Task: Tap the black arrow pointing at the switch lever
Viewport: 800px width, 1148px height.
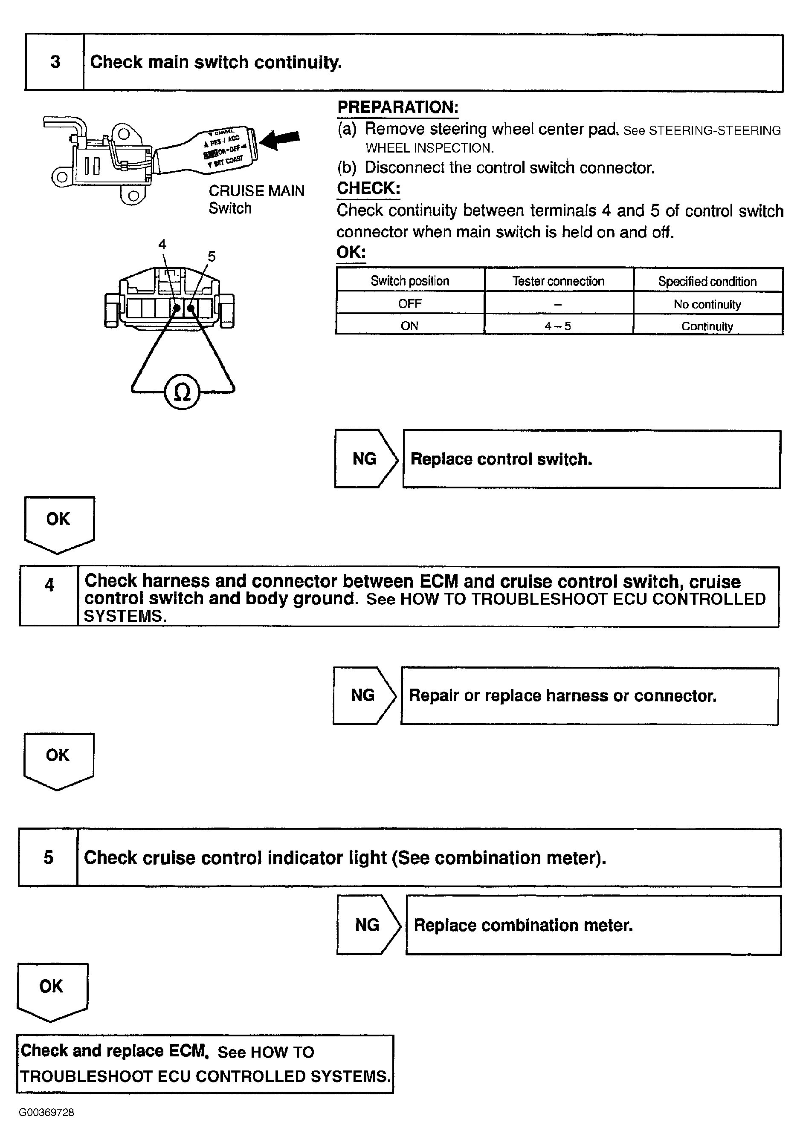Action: [x=280, y=139]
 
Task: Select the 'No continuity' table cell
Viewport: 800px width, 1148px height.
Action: [x=707, y=304]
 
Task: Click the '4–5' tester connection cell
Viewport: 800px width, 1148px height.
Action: [x=558, y=326]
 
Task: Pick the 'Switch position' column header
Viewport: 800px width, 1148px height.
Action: [x=410, y=281]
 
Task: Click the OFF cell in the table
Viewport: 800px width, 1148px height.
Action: [x=410, y=303]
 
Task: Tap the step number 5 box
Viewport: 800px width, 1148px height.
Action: [x=49, y=857]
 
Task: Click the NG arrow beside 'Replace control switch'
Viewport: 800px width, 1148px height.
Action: [x=366, y=459]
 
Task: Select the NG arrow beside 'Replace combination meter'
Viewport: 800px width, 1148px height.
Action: [x=368, y=925]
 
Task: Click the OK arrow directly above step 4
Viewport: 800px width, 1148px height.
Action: [x=59, y=522]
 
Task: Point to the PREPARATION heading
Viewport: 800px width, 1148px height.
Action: [x=398, y=107]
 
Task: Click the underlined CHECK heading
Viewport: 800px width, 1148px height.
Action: [x=368, y=188]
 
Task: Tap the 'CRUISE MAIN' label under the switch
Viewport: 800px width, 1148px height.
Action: [x=256, y=191]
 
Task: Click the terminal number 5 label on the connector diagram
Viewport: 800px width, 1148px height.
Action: [x=212, y=257]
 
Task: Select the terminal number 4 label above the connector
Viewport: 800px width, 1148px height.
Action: [x=162, y=244]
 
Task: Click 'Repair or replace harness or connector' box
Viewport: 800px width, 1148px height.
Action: [x=589, y=695]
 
